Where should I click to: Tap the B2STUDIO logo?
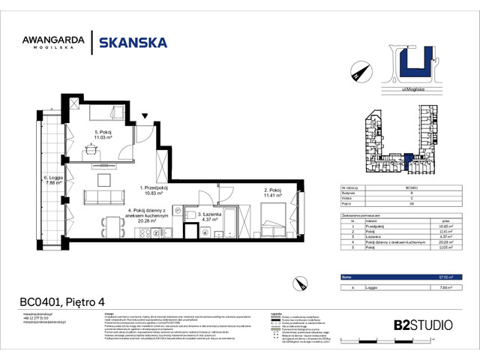point(423,325)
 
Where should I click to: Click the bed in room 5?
point(103,114)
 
